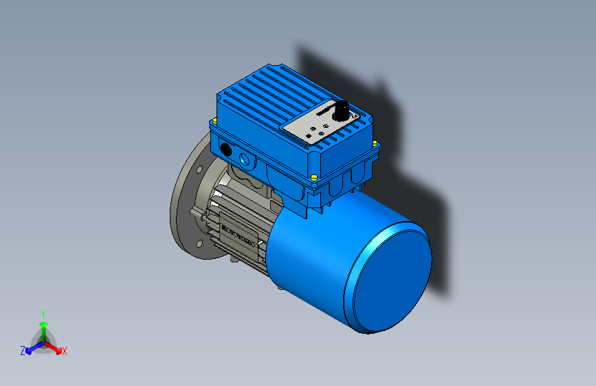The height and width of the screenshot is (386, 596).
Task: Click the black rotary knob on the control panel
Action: (x=340, y=110)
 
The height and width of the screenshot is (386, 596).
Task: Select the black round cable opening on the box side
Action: (x=225, y=148)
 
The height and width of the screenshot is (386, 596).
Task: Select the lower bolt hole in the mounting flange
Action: (x=199, y=243)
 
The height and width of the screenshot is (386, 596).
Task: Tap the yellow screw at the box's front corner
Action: (x=314, y=177)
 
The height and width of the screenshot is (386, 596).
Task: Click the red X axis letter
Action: (x=65, y=352)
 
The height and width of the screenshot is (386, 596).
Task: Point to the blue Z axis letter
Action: (x=23, y=351)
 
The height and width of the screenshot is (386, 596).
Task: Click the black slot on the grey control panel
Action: (x=324, y=111)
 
